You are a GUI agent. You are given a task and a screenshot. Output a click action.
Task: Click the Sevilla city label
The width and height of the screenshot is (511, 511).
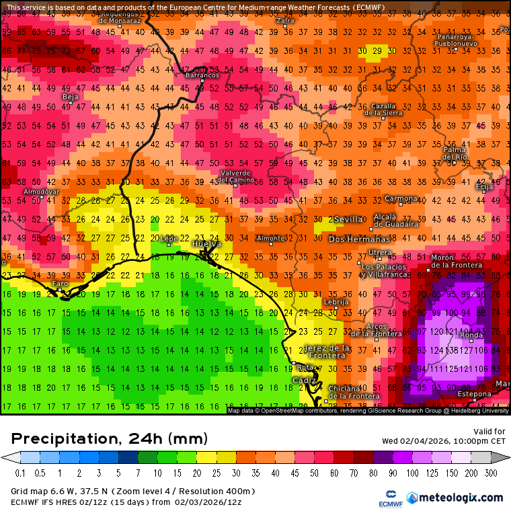coord(348,219)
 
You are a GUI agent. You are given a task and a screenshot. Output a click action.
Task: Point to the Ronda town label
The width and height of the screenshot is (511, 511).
coord(471,335)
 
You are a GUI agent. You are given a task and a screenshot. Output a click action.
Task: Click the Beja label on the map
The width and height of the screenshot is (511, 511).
coord(70,97)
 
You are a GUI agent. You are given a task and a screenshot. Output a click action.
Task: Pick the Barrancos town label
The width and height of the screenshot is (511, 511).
coord(202,75)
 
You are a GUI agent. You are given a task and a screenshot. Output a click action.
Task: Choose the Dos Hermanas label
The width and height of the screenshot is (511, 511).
coord(359,239)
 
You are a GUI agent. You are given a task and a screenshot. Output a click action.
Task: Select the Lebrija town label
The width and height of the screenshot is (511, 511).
coord(336,302)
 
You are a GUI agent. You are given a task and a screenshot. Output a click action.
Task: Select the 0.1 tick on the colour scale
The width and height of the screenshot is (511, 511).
coord(20,473)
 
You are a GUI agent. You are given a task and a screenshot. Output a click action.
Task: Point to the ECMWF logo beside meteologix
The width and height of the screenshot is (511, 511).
coord(391,498)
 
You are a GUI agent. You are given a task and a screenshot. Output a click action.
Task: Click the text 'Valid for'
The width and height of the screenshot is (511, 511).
coord(489,432)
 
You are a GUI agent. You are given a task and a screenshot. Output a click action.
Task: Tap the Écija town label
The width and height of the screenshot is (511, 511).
coord(483,187)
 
